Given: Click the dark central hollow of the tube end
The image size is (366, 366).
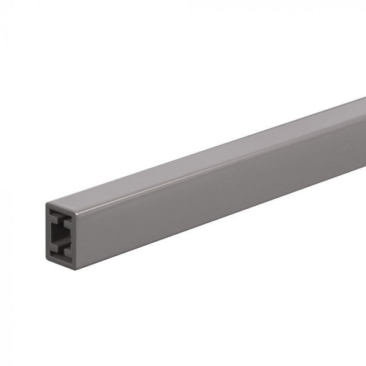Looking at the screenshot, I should [60, 234].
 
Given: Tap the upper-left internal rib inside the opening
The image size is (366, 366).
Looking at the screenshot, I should [54, 220].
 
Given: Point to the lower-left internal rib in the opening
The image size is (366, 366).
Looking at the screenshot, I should [54, 248].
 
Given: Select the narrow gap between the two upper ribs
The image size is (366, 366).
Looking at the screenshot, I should [61, 222].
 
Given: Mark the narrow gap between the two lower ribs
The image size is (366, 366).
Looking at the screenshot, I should [61, 250].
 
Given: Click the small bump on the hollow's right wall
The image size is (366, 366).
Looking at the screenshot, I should [71, 240].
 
